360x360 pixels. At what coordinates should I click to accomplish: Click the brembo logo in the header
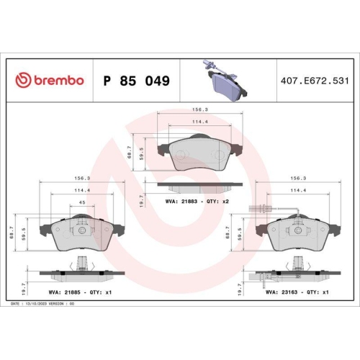[50, 81]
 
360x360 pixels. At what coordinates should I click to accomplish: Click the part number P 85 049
[137, 81]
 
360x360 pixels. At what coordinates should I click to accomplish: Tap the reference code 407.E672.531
[318, 81]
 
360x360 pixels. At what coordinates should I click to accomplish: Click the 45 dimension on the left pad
[81, 204]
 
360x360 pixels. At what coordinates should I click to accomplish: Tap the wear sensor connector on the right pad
[258, 210]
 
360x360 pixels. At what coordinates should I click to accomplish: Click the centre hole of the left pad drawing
[81, 231]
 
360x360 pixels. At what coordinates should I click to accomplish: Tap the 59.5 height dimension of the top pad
[142, 153]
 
